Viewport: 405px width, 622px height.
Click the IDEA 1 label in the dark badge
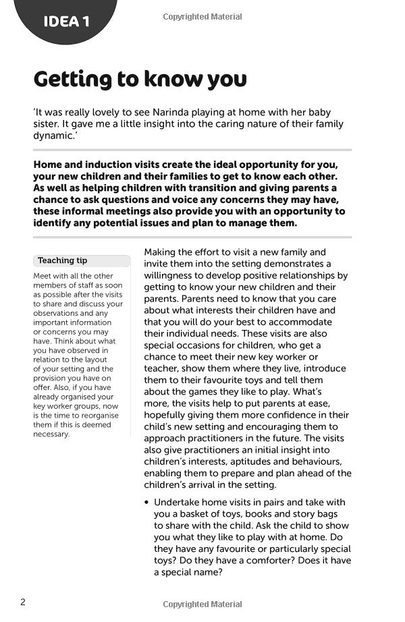[66, 22]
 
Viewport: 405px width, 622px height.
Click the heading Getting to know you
[140, 79]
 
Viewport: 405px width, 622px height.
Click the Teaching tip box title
[62, 260]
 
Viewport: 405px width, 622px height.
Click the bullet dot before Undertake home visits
[147, 503]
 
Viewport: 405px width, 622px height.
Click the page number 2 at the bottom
[23, 602]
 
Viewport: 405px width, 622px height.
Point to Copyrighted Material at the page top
[202, 17]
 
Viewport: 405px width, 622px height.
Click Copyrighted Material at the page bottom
[202, 604]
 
